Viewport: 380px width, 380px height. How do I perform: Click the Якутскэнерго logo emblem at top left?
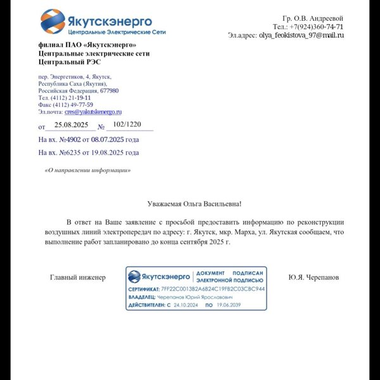52,23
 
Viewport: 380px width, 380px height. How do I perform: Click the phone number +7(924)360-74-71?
317,27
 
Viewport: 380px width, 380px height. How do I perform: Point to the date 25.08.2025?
71,125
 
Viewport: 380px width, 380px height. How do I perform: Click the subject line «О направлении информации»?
87,170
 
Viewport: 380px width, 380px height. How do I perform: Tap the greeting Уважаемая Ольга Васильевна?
194,204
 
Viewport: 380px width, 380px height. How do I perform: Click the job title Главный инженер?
78,277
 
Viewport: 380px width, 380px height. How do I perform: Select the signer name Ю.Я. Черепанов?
313,277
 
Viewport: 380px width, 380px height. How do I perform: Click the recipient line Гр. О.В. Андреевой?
312,18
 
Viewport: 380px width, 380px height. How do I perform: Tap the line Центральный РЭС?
69,62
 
